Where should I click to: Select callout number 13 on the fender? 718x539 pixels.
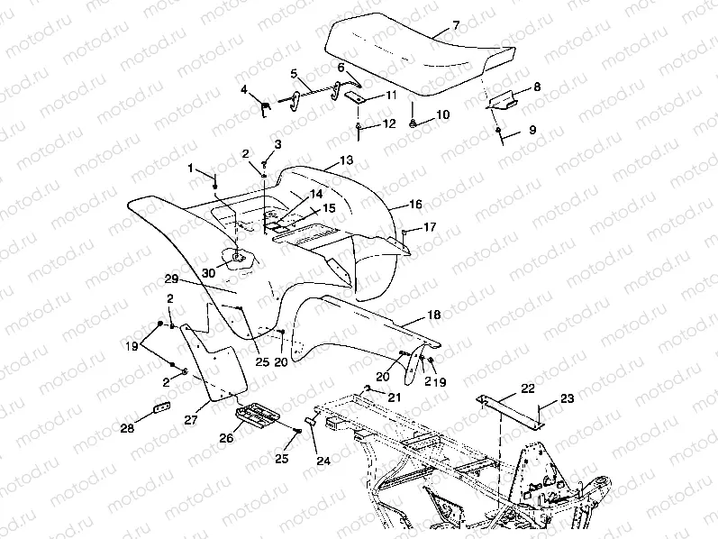[347, 160]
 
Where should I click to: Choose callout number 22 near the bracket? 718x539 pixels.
[527, 388]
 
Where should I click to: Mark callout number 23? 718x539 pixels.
[567, 397]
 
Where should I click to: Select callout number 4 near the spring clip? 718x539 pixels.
[244, 88]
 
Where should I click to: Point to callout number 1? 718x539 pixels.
[191, 169]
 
